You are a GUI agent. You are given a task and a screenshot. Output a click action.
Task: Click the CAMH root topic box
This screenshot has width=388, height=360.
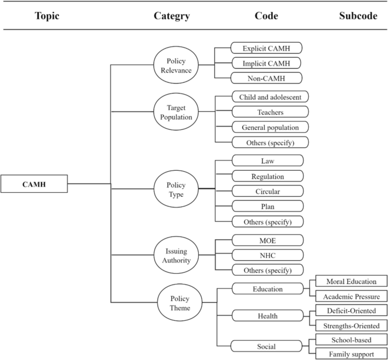tap(34, 183)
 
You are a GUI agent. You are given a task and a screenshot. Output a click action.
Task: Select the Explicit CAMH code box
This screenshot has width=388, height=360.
tap(266, 48)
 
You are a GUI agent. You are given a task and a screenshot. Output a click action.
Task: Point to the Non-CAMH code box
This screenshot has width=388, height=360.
tap(266, 78)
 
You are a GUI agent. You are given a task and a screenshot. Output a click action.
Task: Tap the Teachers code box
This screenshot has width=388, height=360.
tap(270, 112)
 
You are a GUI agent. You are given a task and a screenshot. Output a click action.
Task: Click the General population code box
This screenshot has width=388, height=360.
tap(270, 127)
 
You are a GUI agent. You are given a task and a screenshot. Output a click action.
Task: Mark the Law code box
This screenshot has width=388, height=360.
tap(267, 161)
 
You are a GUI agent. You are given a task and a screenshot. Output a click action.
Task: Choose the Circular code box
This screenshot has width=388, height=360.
tap(267, 191)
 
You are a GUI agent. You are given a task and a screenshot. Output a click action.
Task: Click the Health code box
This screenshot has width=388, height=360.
tap(267, 315)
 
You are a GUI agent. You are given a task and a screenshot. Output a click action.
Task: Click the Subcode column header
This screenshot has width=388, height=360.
tap(358, 16)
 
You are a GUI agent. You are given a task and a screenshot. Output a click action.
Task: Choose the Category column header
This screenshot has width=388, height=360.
tap(172, 16)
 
